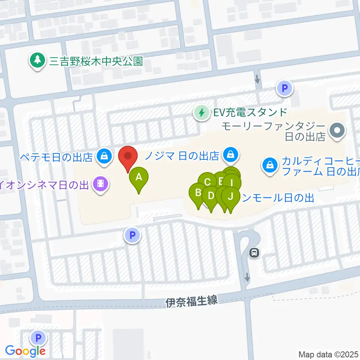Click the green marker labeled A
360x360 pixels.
pos(139,176)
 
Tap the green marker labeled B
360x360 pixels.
pos(198,193)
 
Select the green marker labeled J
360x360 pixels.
pos(231,196)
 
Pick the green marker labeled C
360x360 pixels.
pos(207,182)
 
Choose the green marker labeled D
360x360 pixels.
pos(210,195)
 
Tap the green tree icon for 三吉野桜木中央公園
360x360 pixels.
pos(37,60)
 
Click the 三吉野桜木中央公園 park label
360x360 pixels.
pos(96,61)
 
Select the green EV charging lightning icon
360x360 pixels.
pos(202,112)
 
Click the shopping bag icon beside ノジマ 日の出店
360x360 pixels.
pos(231,154)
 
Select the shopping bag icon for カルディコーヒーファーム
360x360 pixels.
pos(269,164)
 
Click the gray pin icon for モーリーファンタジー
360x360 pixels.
pos(336,131)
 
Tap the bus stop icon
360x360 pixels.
pos(255,253)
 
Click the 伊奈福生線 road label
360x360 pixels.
pos(191,301)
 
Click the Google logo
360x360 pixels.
pos(25,351)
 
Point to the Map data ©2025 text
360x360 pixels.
pos(328,354)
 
